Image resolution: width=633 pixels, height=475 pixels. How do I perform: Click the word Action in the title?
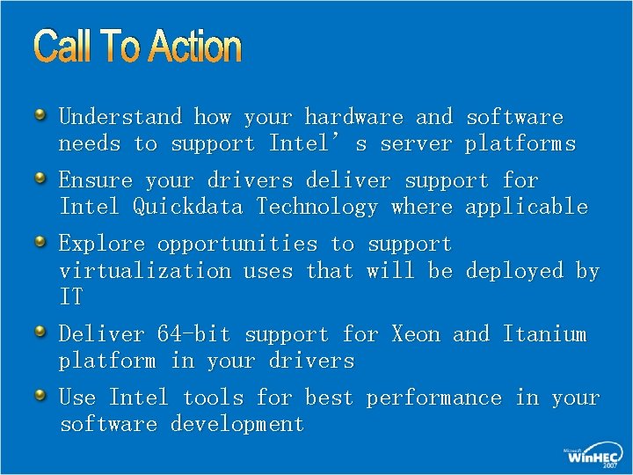(x=194, y=47)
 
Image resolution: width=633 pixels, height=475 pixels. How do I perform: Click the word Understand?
(x=120, y=117)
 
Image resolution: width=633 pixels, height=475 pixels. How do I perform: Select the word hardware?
(x=353, y=117)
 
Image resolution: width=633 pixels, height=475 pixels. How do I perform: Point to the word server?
(x=416, y=143)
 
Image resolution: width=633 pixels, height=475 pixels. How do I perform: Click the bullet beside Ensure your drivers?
(x=40, y=179)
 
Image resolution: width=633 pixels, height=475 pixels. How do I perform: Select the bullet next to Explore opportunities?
(x=40, y=242)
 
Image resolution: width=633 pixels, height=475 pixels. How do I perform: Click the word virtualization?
(x=144, y=271)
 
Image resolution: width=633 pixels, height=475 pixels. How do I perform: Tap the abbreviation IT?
(x=71, y=297)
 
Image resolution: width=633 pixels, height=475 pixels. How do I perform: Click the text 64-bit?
(x=193, y=334)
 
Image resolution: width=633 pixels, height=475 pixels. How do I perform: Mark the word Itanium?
(x=544, y=334)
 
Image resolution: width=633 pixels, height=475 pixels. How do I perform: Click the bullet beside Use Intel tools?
(x=40, y=396)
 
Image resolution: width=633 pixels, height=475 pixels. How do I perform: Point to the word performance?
(x=433, y=398)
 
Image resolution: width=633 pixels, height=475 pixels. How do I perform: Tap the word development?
(x=237, y=425)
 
